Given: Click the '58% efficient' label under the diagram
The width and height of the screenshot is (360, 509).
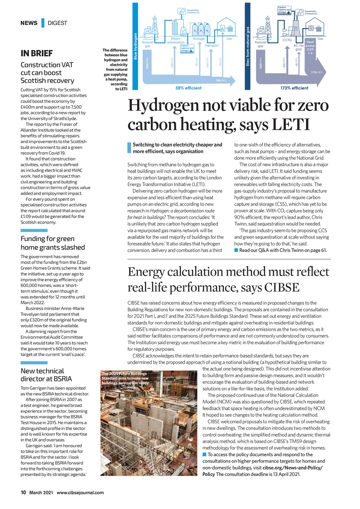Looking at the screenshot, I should (188, 88).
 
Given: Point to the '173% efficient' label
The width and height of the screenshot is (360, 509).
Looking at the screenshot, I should (294, 88).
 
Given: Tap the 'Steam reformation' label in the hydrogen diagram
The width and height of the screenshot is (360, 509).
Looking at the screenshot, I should (175, 40).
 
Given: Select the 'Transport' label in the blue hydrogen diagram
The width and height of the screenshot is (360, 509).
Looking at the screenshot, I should (212, 45).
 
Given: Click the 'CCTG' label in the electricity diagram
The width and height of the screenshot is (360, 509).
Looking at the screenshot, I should (287, 40).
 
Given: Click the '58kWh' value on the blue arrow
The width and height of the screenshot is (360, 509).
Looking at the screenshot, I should (221, 80).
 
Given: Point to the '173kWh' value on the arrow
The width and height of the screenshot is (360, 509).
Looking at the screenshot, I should (316, 72).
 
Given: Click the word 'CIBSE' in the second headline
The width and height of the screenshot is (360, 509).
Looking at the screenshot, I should (282, 287).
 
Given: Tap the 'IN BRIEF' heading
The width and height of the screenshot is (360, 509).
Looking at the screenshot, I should (37, 53).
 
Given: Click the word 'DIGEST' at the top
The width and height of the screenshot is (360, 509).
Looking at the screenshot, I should (57, 23).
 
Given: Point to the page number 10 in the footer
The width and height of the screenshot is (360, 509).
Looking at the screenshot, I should (23, 492).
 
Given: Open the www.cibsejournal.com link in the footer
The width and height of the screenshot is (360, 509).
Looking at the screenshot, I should (80, 492).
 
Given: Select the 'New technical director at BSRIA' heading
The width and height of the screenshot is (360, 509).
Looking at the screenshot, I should (46, 375).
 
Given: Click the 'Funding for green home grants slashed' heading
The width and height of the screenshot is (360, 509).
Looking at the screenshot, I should (53, 243).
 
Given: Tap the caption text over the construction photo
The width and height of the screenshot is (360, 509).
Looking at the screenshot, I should (125, 378).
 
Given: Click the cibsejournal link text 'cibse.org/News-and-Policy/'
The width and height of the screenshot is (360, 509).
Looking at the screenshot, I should (292, 468).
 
